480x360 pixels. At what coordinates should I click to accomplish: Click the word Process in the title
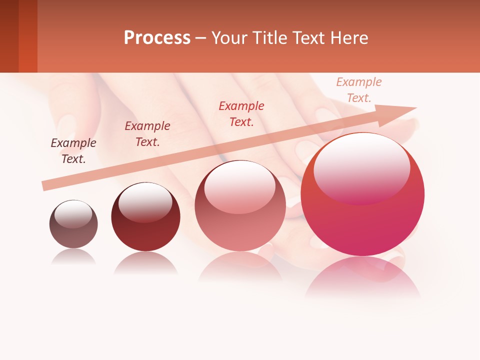click(x=157, y=37)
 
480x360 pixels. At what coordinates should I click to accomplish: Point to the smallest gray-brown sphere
click(x=73, y=224)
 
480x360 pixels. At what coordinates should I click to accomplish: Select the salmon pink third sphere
click(x=240, y=206)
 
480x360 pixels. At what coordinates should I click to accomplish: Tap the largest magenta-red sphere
click(x=362, y=194)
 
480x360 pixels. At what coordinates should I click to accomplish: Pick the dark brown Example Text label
click(x=73, y=151)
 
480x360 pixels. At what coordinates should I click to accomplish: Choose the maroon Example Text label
click(x=147, y=134)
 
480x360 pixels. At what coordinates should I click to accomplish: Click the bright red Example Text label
click(x=241, y=113)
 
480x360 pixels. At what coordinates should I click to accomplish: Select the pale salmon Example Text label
click(x=359, y=89)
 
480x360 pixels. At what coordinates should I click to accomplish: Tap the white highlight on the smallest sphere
click(x=73, y=213)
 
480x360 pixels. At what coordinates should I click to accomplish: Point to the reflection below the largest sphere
click(x=363, y=277)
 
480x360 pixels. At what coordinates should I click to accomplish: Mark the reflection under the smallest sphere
click(x=73, y=257)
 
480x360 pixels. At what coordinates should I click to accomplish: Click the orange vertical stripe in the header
click(x=28, y=36)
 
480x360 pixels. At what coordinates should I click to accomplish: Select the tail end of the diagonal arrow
click(x=46, y=185)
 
